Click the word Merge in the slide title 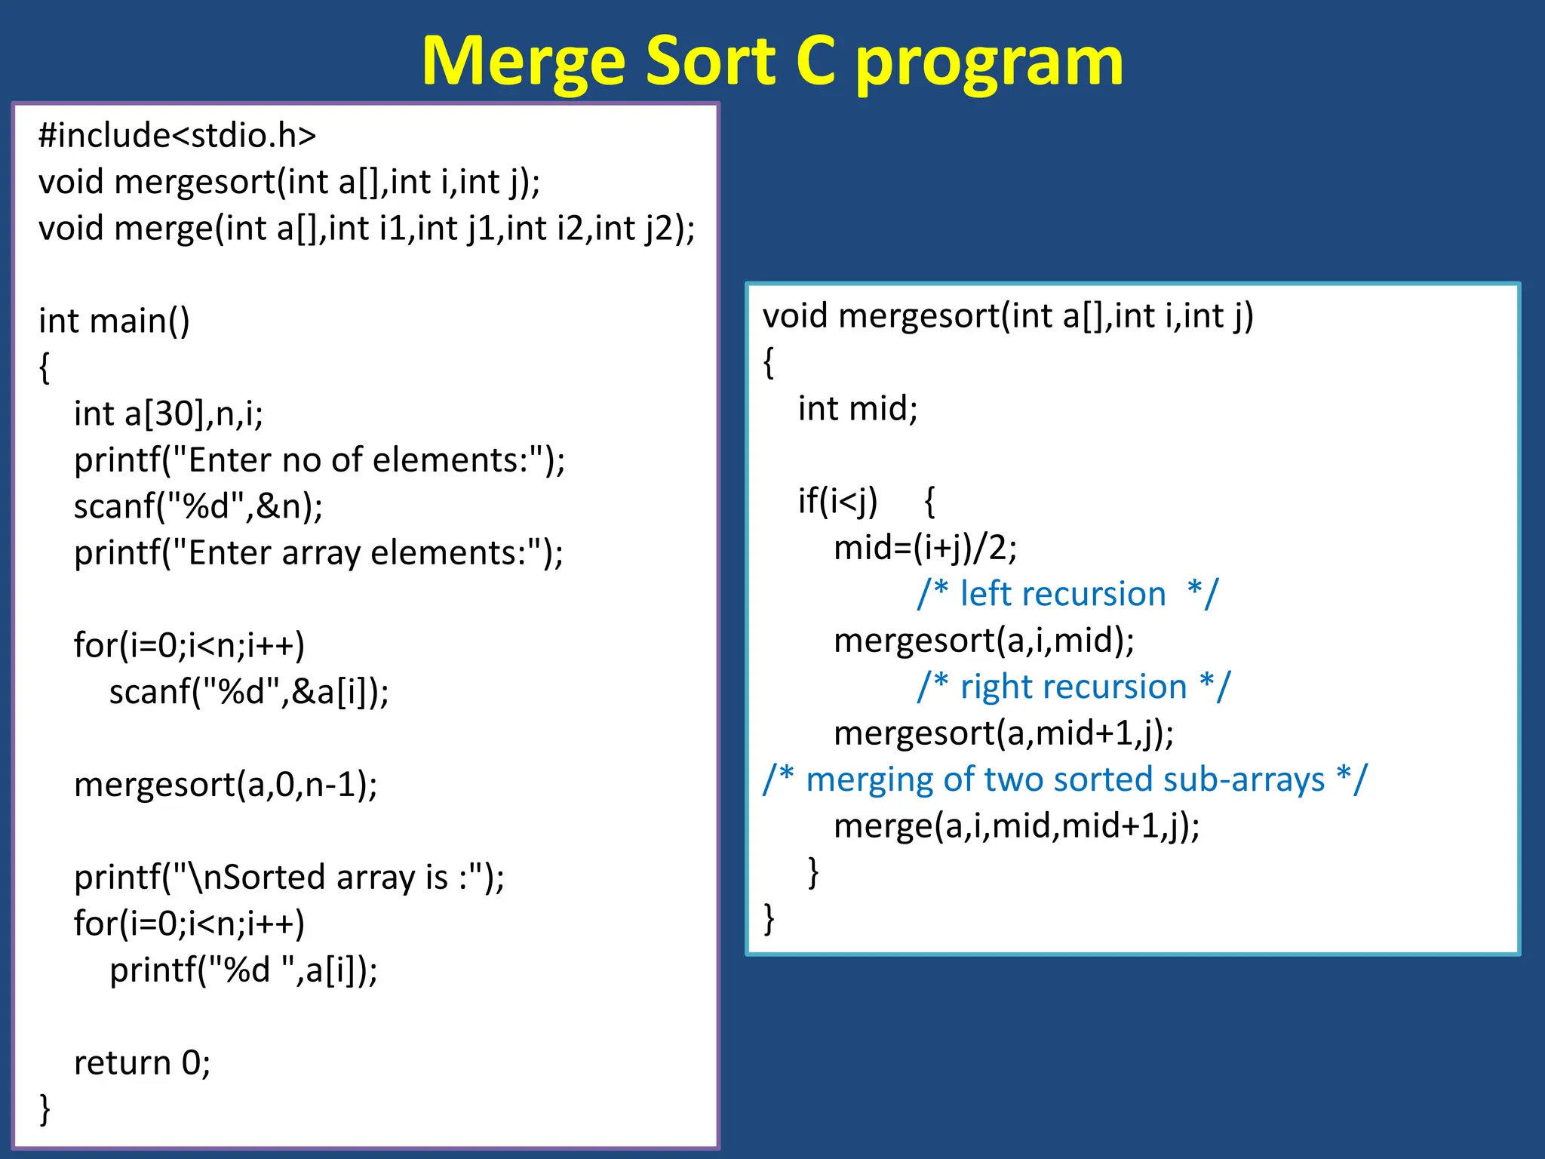click(x=524, y=62)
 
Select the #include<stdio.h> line click(x=177, y=136)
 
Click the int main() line click(x=114, y=321)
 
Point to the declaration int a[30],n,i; click(x=168, y=413)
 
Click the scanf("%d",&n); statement click(x=198, y=506)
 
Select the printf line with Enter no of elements click(x=319, y=460)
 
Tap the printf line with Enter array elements click(x=318, y=553)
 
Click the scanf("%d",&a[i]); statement click(x=249, y=692)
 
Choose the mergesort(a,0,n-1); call click(x=226, y=785)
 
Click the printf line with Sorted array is click(x=289, y=878)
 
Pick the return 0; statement click(x=142, y=1063)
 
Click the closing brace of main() click(x=45, y=1109)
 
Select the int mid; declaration click(x=858, y=409)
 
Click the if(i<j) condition click(x=837, y=501)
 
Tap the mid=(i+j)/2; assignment click(x=925, y=548)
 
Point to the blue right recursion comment click(x=1073, y=687)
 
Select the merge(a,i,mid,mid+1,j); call click(x=1016, y=826)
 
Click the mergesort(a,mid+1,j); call click(x=1003, y=733)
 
